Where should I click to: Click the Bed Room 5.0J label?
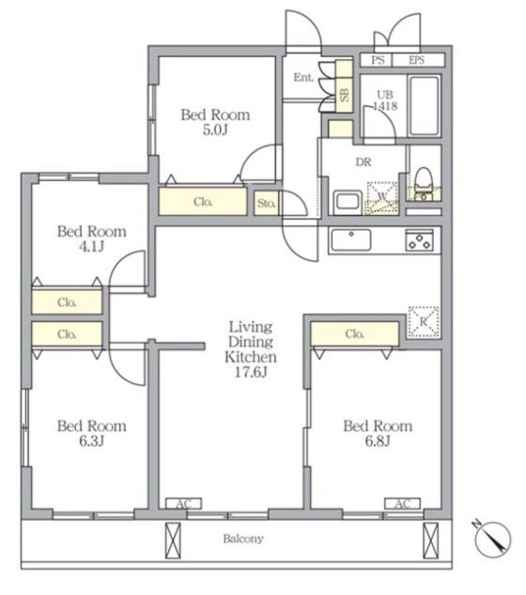click(x=215, y=122)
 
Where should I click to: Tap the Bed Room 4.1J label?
click(x=91, y=238)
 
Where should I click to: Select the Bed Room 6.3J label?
click(x=91, y=433)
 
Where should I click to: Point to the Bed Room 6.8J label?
click(x=378, y=433)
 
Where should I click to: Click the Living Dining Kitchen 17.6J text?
click(x=251, y=349)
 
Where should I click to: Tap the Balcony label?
click(x=243, y=539)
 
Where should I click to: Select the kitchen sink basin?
click(x=351, y=240)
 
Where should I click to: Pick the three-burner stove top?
click(x=419, y=240)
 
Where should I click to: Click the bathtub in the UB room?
click(x=425, y=105)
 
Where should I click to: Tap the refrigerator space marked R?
click(x=424, y=322)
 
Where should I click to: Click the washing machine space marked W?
click(x=382, y=197)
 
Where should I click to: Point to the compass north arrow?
click(x=493, y=540)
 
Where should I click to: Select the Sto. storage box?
click(x=266, y=203)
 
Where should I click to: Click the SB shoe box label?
click(x=344, y=95)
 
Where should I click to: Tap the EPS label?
click(x=417, y=60)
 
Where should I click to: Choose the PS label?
click(x=378, y=60)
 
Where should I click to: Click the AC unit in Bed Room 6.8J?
click(x=403, y=504)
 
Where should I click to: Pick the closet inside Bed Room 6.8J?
click(x=354, y=334)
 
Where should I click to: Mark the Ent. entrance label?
click(x=303, y=77)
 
